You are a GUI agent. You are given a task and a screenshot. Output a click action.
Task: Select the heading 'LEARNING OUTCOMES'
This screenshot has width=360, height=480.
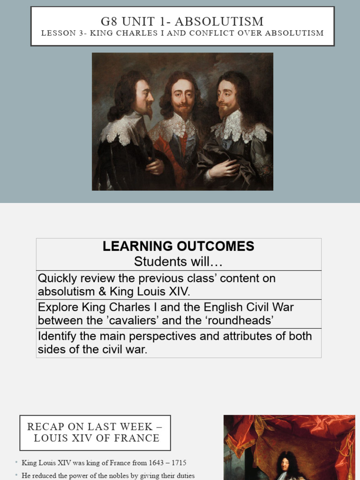click(x=178, y=246)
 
